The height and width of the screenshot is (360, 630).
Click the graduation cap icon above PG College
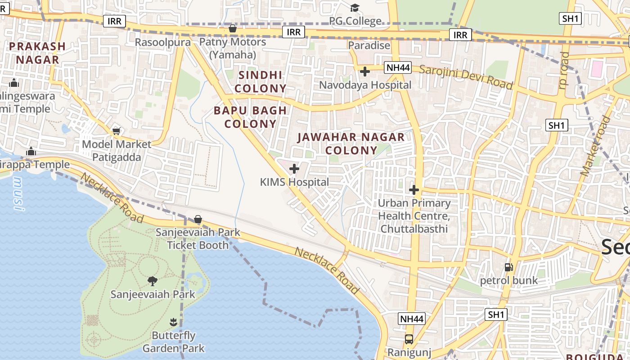pos(355,8)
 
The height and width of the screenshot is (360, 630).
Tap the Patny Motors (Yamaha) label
pos(233,48)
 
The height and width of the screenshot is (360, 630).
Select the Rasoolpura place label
pos(162,42)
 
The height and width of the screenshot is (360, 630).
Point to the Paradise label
pos(369,45)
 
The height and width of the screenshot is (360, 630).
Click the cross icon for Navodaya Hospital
pos(365,71)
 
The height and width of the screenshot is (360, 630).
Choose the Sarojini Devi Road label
pos(466,77)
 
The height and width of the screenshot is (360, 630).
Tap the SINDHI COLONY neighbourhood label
pos(261,82)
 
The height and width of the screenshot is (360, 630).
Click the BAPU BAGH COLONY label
pos(250,117)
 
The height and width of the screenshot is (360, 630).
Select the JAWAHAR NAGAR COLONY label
pos(351,144)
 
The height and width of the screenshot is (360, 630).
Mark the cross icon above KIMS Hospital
pos(294,169)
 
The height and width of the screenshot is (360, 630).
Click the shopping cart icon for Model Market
pos(117,131)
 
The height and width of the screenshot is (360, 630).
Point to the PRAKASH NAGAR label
pos(37,53)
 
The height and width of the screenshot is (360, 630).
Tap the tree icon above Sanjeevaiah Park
pos(153,281)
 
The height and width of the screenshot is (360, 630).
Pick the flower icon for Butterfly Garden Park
pos(173,322)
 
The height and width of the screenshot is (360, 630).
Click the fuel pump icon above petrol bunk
pos(508,267)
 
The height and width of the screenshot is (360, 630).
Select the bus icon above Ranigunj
pos(409,339)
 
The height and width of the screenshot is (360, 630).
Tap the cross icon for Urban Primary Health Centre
pos(414,190)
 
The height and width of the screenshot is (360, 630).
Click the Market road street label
pos(596,146)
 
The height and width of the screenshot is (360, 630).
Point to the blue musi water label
pos(18,194)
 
